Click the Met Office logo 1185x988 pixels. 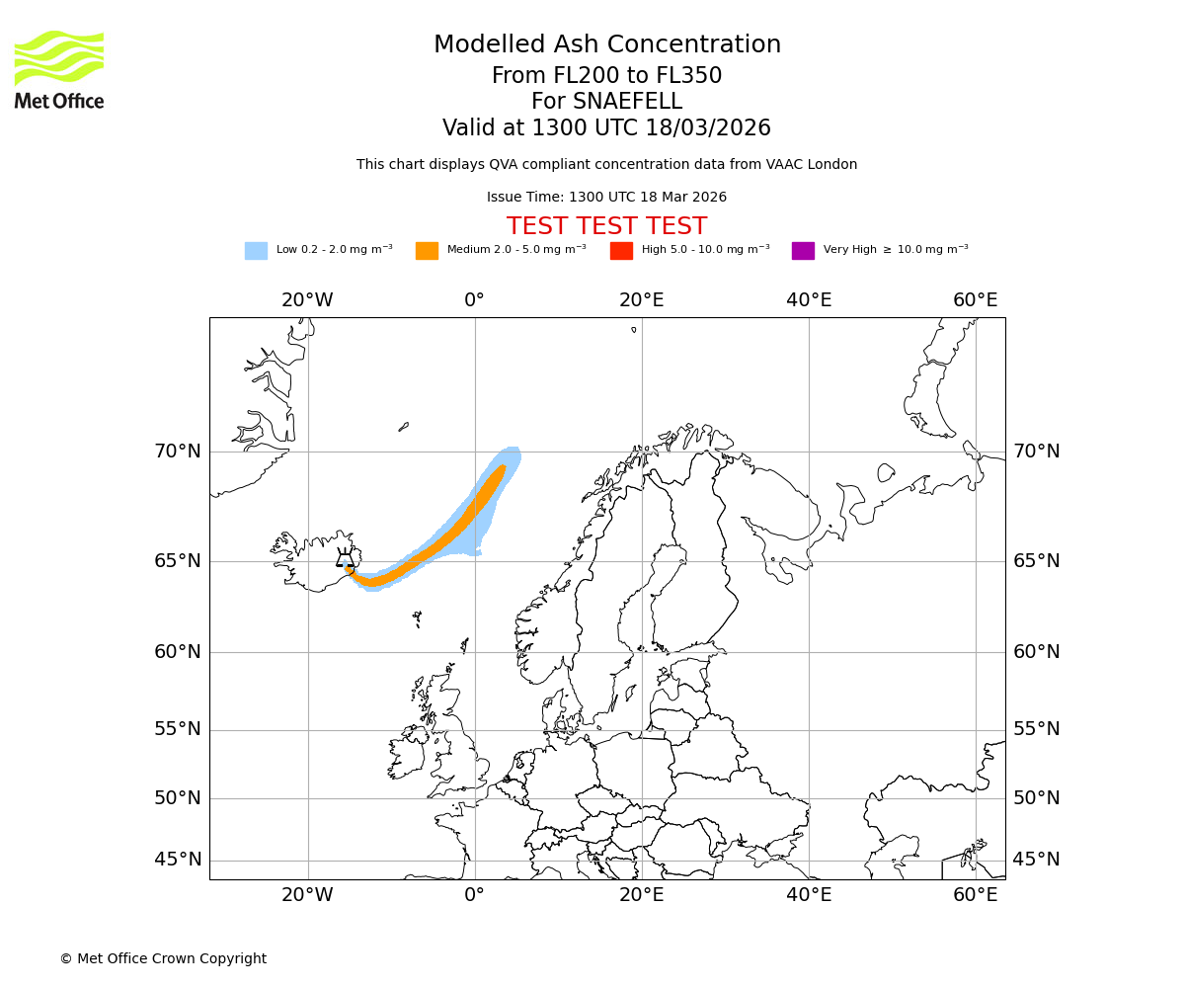coord(59,69)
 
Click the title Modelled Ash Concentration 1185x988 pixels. coord(606,45)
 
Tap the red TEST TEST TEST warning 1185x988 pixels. coord(606,227)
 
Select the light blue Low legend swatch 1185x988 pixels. coord(256,251)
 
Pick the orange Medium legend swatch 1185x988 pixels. coord(427,251)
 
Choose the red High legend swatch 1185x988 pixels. coord(621,251)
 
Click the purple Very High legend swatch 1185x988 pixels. coord(803,251)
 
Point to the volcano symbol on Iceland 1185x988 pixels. coord(345,558)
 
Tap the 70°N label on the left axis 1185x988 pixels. coord(177,452)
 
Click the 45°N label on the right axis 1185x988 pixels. coord(1036,860)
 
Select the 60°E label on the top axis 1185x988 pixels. coord(975,300)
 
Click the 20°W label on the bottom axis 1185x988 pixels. coord(307,895)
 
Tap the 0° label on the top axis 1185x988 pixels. coord(474,300)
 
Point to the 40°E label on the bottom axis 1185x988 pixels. coord(808,895)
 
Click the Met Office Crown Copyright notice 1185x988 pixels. coord(163,959)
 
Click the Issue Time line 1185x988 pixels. coord(606,198)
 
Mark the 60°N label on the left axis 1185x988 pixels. coord(177,652)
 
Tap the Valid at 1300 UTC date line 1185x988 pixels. coord(606,128)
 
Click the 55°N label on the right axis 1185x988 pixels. coord(1036,729)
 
